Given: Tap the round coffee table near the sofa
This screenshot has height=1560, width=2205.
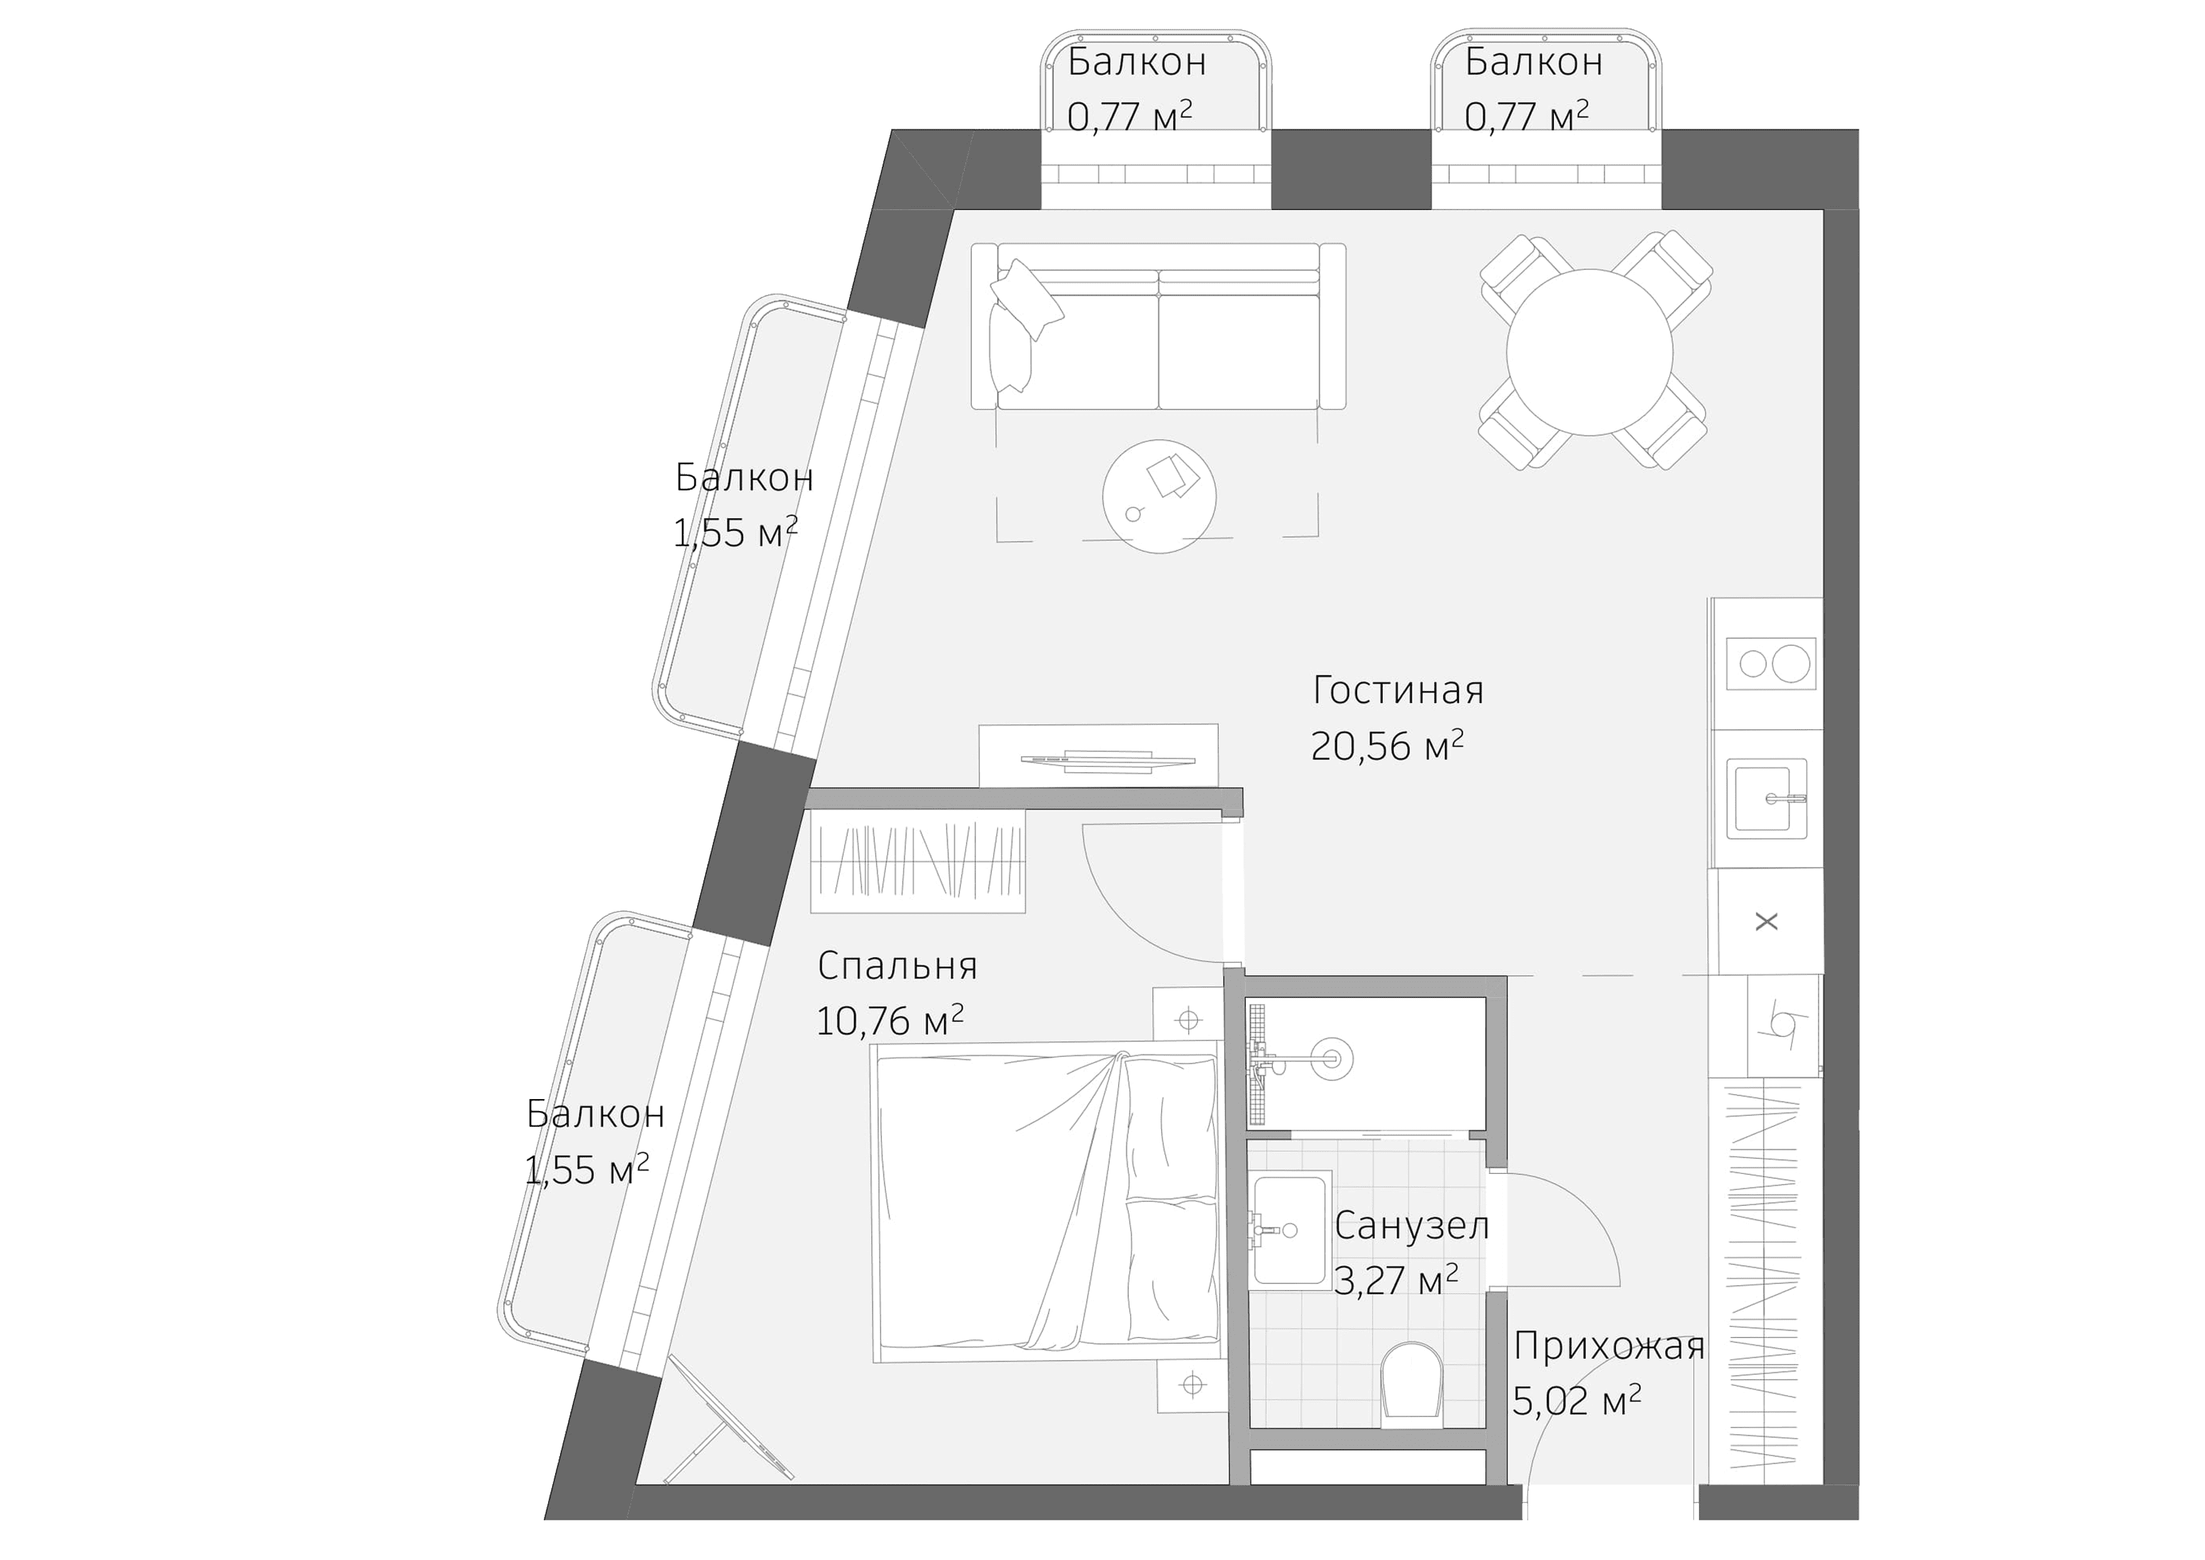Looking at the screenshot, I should pyautogui.click(x=1159, y=495).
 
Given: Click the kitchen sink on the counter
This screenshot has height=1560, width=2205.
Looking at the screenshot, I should pyautogui.click(x=1766, y=799).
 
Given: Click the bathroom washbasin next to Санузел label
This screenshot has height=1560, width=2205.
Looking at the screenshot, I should pyautogui.click(x=1290, y=1229).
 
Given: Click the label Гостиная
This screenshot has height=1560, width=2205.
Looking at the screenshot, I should pyautogui.click(x=1397, y=690).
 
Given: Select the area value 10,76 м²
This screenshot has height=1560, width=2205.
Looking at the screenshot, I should pyautogui.click(x=889, y=1021).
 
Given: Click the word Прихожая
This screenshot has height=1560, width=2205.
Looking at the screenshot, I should pyautogui.click(x=1608, y=1347).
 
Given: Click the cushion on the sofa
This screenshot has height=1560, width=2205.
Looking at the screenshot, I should pyautogui.click(x=1026, y=300).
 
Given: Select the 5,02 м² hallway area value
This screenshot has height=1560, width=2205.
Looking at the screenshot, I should pyautogui.click(x=1576, y=1402).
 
